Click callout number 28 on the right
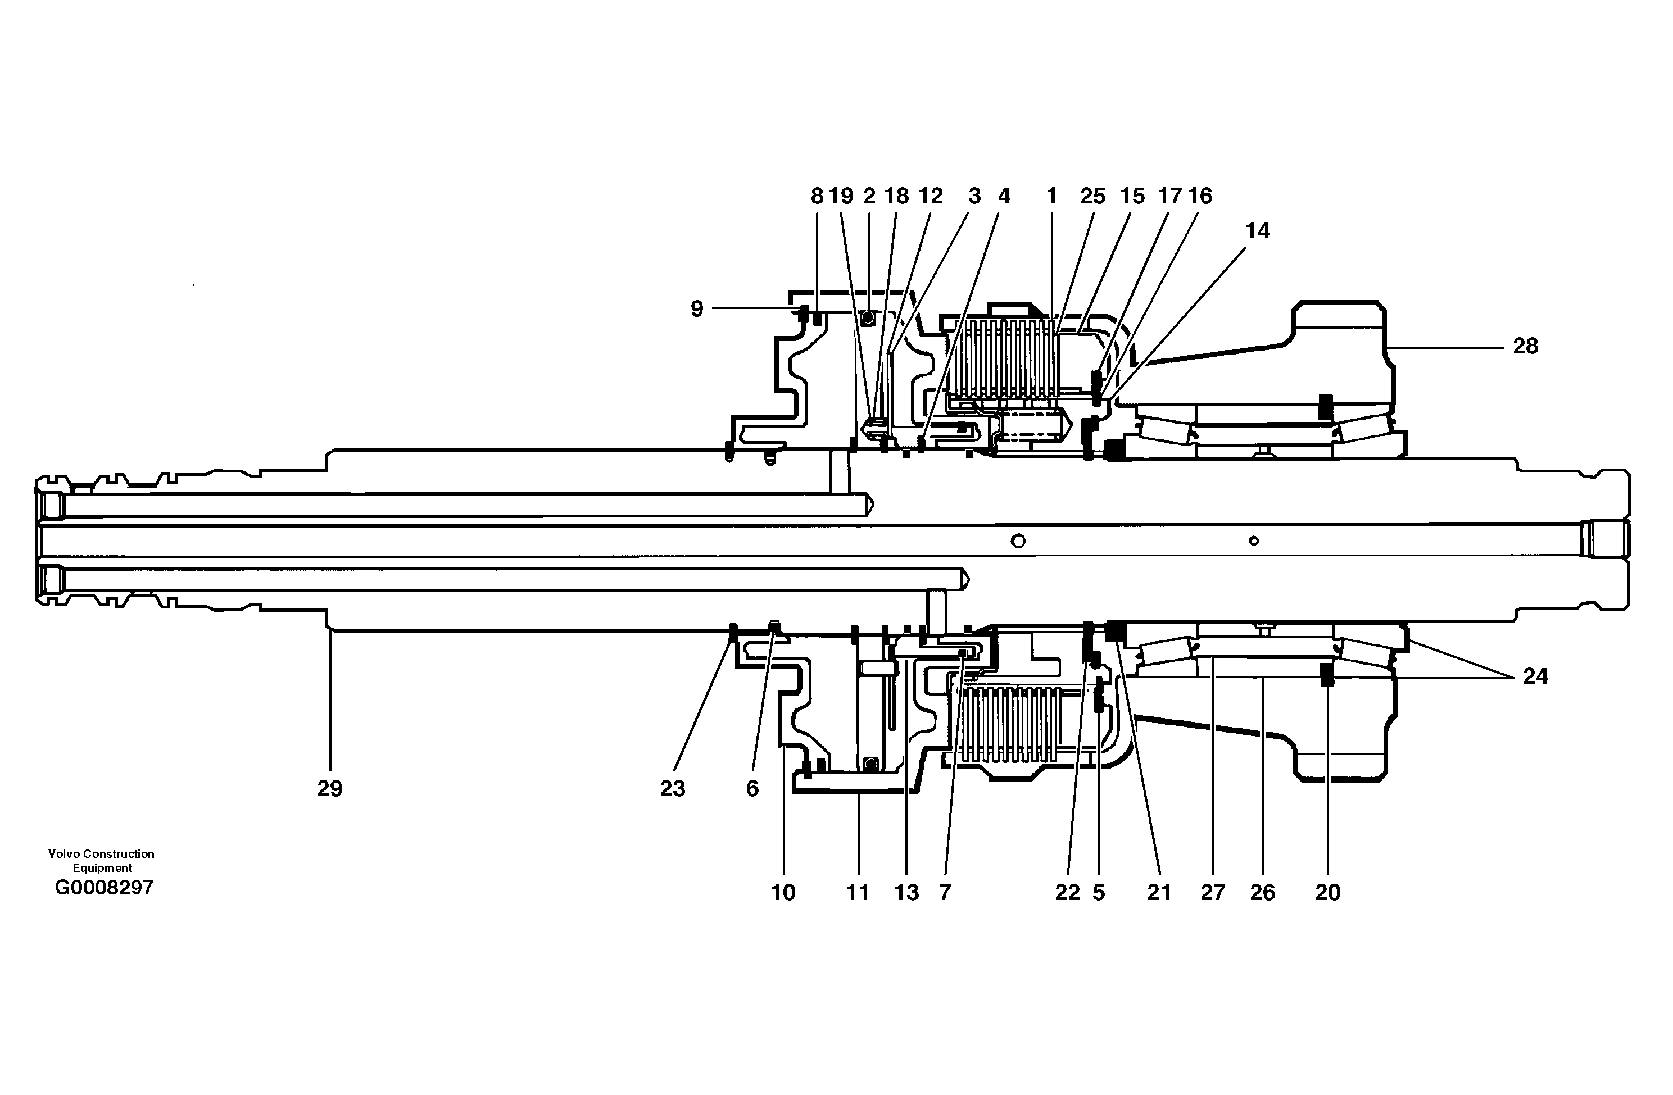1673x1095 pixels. point(1525,346)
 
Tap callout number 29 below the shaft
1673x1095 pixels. point(330,789)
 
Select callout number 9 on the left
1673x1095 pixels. point(697,308)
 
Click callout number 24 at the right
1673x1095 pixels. point(1535,676)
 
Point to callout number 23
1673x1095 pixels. point(672,789)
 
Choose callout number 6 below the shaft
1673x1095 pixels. point(752,789)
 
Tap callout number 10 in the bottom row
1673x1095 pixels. point(783,893)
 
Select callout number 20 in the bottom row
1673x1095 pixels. point(1327,893)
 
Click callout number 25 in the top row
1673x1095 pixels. point(1092,196)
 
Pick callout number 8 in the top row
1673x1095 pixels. point(816,196)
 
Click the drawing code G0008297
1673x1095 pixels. point(104,888)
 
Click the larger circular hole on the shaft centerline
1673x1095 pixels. point(1017,540)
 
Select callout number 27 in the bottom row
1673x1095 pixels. point(1213,893)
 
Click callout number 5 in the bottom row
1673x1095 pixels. point(1099,893)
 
